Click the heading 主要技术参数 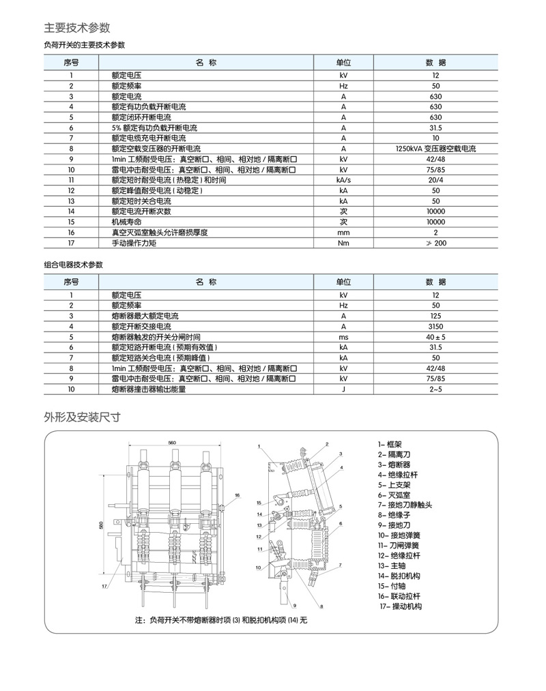tap(77, 28)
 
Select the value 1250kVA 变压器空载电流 tap(435, 149)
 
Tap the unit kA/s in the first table tap(343, 180)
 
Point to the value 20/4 tap(435, 180)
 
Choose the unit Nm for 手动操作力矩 tap(343, 243)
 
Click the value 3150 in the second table tap(435, 327)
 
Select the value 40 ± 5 tap(435, 337)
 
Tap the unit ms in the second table tap(343, 337)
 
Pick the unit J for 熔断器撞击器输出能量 tap(343, 389)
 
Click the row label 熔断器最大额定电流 tap(145, 317)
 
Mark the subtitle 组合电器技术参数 tap(74, 265)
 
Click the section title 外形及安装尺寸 tap(83, 417)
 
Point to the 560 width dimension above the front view tap(172, 443)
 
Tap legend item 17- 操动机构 tap(401, 606)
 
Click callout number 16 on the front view tap(237, 495)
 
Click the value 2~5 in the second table tap(435, 389)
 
